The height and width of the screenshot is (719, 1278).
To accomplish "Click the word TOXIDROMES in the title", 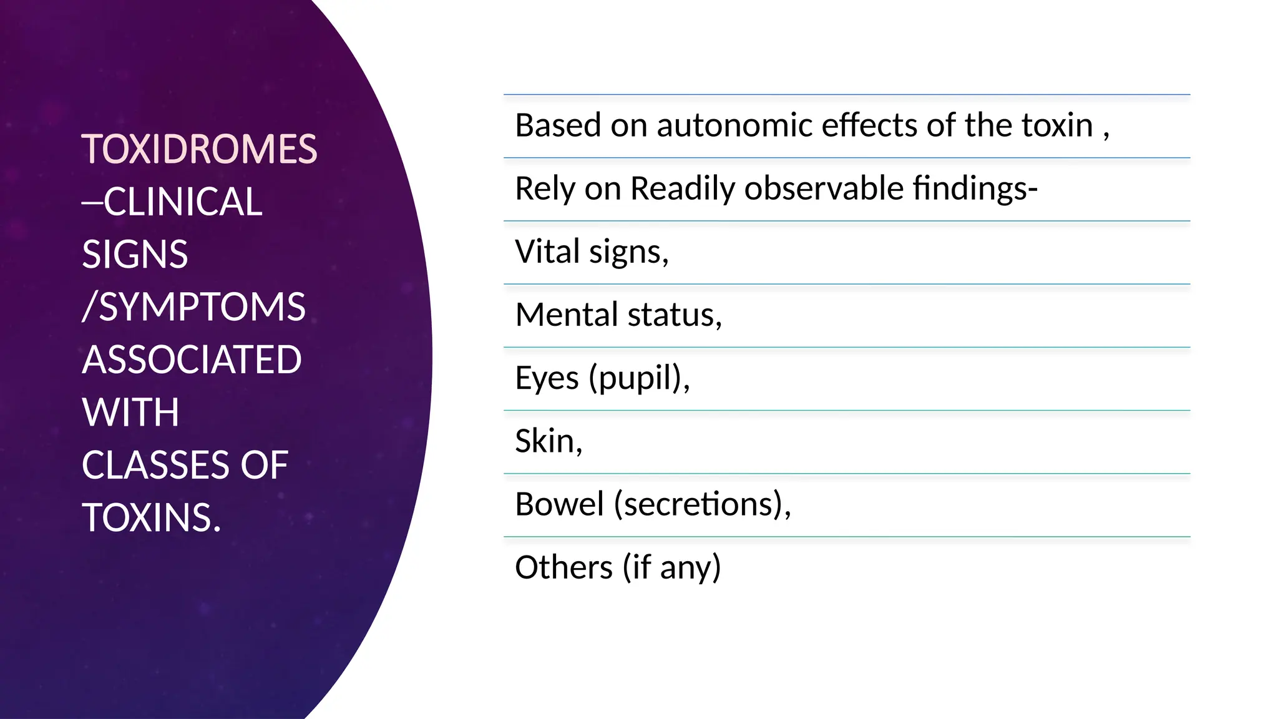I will (199, 150).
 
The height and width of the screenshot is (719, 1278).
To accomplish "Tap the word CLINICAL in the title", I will (183, 202).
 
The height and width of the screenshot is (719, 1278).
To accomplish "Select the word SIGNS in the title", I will (135, 255).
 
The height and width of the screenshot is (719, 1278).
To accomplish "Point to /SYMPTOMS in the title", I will (193, 307).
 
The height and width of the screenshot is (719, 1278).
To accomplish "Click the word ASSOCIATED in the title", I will (192, 360).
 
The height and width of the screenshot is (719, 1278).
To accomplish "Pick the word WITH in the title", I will (130, 413).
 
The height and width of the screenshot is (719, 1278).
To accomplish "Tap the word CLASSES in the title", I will (155, 466).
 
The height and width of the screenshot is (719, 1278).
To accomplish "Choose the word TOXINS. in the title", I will (152, 518).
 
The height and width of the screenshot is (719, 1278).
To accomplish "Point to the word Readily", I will (683, 188).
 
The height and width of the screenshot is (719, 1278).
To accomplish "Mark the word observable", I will (824, 188).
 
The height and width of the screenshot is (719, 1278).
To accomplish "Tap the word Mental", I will (567, 315).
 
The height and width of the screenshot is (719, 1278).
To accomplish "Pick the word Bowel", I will (559, 504).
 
